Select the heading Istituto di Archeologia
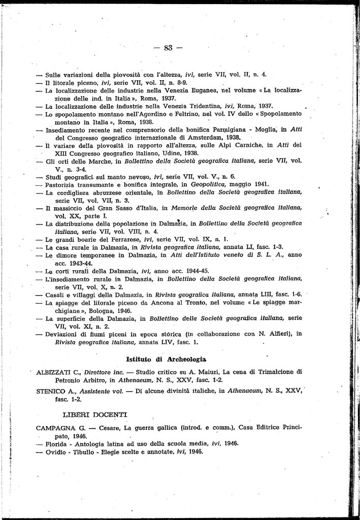[166, 359]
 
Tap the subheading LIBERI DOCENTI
[95, 415]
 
